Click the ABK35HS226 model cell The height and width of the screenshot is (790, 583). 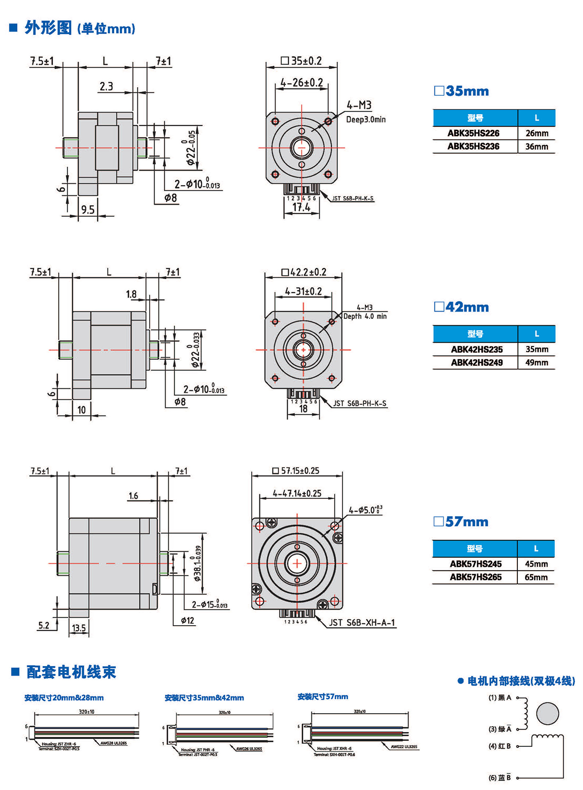tap(474, 133)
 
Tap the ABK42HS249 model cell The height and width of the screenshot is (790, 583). tap(476, 362)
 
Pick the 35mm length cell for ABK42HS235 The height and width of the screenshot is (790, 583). tap(536, 349)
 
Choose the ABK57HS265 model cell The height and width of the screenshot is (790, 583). tap(475, 577)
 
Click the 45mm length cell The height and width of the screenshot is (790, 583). tap(536, 564)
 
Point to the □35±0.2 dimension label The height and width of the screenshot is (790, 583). tap(301, 61)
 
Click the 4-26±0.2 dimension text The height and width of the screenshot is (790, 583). tap(301, 83)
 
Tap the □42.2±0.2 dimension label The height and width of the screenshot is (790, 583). tap(304, 272)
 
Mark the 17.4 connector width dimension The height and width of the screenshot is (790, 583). tap(301, 208)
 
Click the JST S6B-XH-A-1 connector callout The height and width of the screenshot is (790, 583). tap(362, 622)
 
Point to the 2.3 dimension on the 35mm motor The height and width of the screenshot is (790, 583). tap(106, 87)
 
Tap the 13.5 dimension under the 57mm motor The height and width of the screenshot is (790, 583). tap(79, 628)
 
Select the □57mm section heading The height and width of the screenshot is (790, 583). tap(461, 522)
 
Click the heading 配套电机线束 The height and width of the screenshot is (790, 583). tap(71, 672)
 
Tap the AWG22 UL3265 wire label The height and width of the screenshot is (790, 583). tap(404, 746)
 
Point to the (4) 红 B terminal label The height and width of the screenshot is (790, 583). tap(499, 746)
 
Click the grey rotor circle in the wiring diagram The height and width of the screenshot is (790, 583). tap(548, 714)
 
